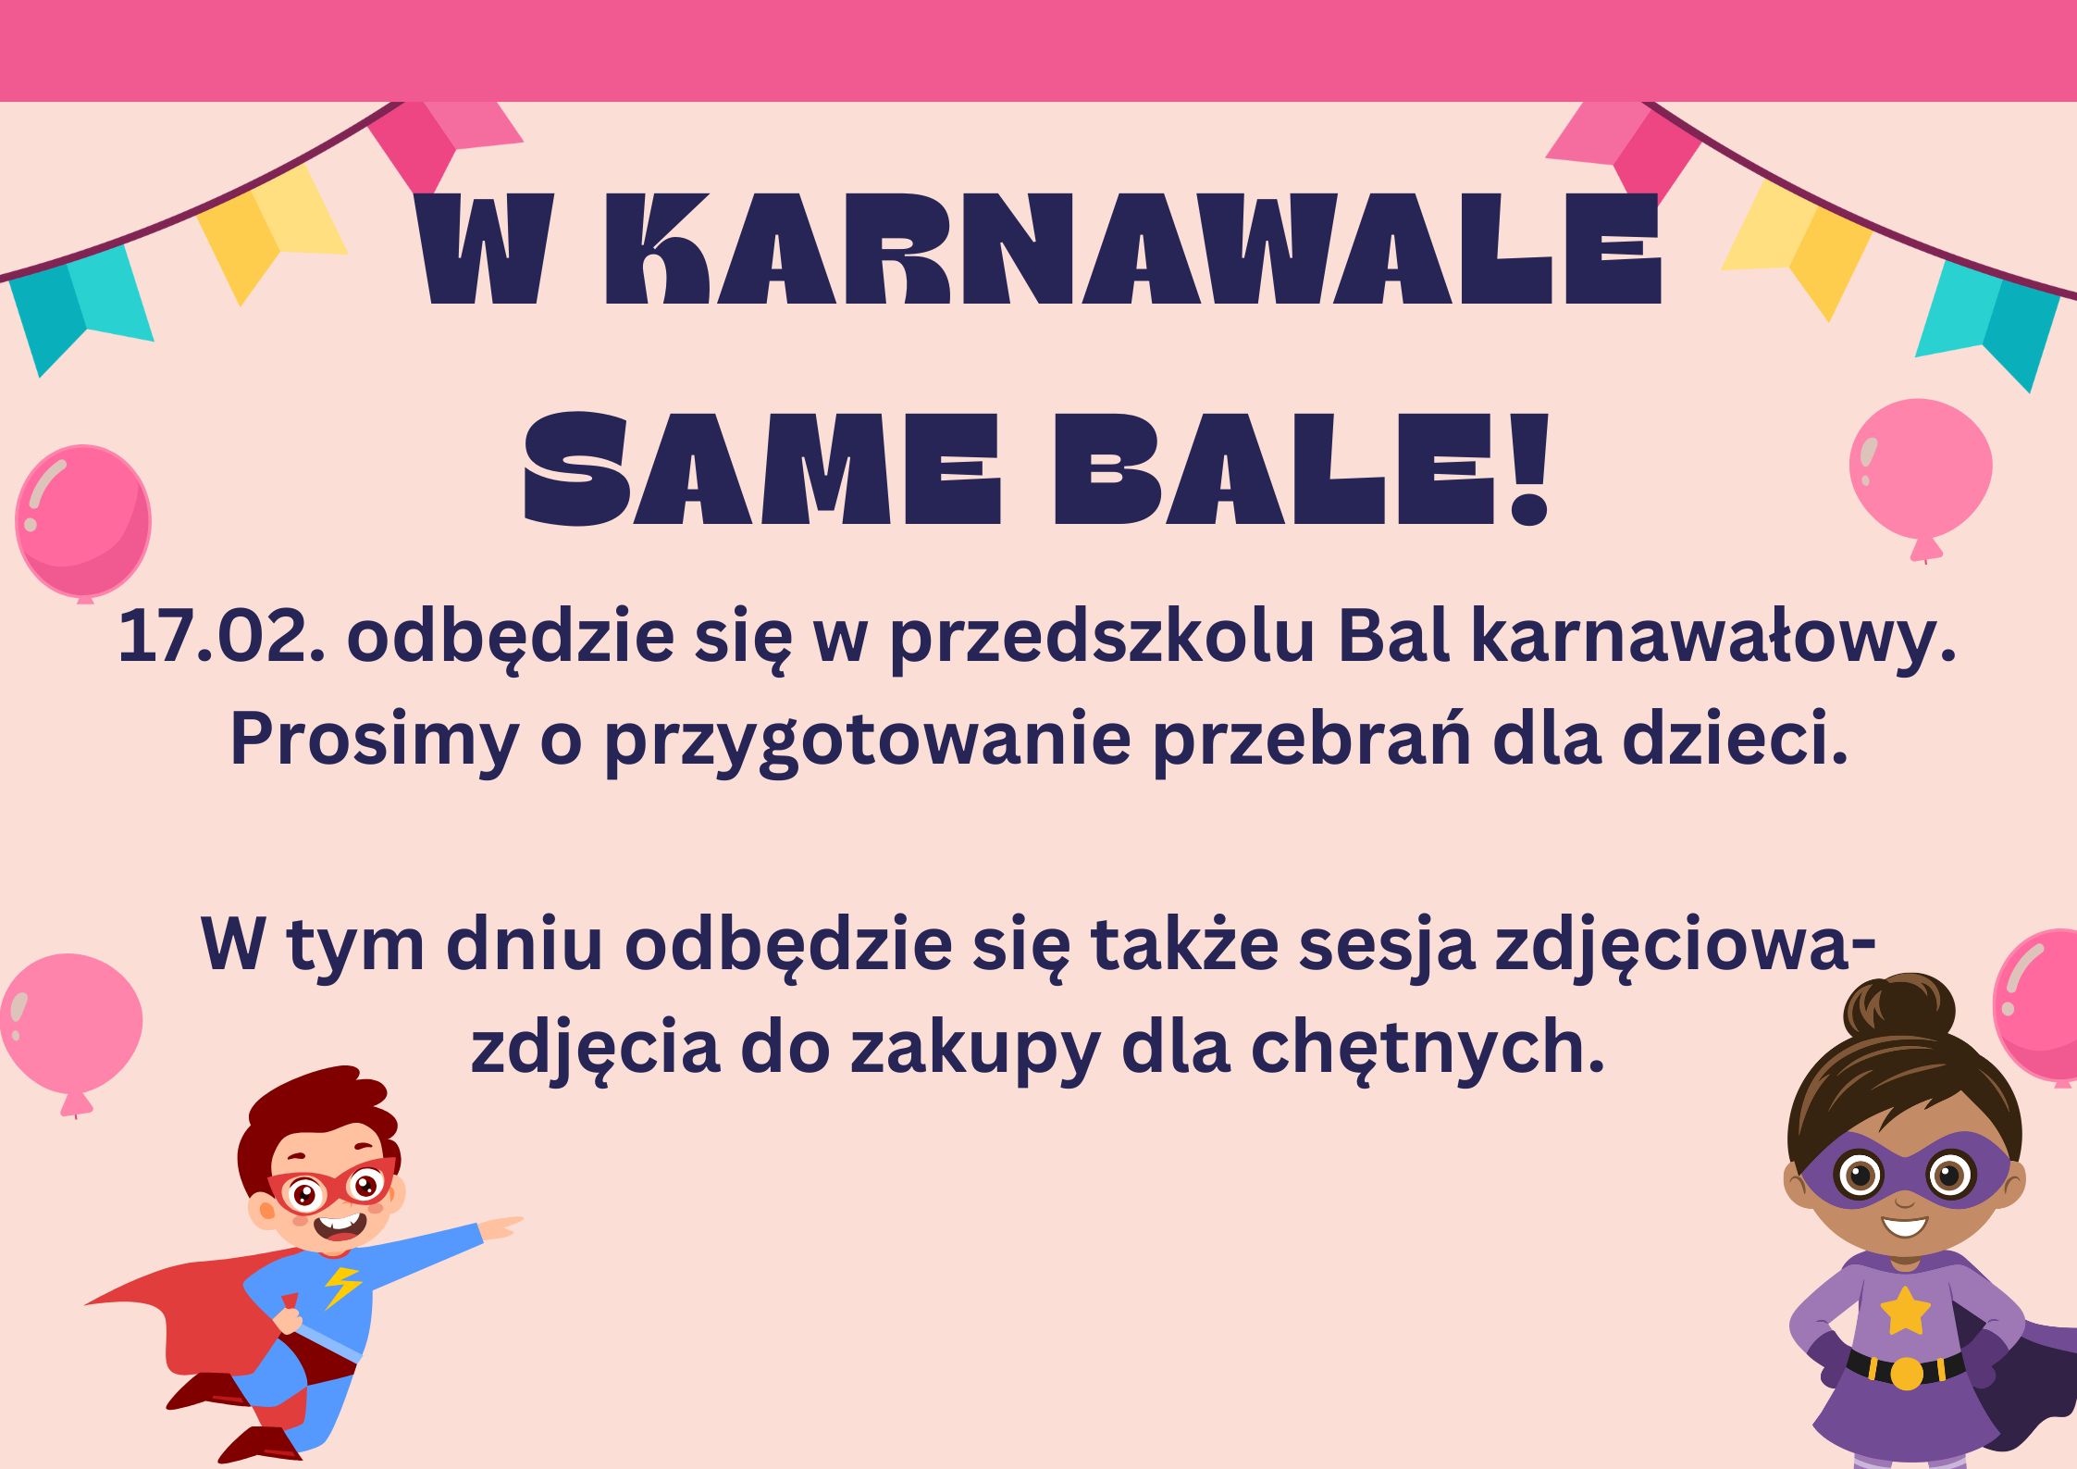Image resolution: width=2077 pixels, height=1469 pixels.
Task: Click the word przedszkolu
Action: click(x=1101, y=639)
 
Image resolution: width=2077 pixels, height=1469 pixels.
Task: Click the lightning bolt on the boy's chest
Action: click(x=342, y=1286)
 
